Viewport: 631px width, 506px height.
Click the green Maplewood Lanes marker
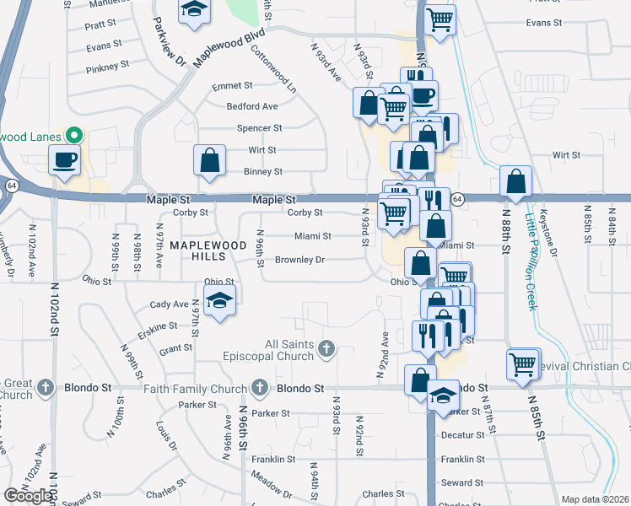pyautogui.click(x=74, y=135)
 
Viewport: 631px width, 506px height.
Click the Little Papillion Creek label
pyautogui.click(x=531, y=261)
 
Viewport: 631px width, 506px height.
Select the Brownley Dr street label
pyautogui.click(x=299, y=260)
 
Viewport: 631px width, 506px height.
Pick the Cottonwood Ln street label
pyautogui.click(x=274, y=68)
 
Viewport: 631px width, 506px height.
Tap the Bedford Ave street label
pyautogui.click(x=251, y=106)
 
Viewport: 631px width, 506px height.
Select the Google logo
pyautogui.click(x=30, y=496)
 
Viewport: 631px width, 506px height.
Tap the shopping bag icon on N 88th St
pyautogui.click(x=515, y=180)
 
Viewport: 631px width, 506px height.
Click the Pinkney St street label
pyautogui.click(x=107, y=64)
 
